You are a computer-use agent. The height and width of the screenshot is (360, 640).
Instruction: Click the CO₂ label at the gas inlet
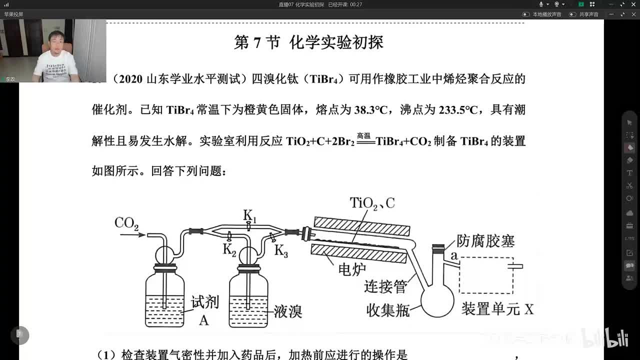point(126,223)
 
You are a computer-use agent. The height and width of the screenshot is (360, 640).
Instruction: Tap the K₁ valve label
point(249,215)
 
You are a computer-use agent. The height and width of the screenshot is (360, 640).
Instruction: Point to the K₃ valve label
point(281,251)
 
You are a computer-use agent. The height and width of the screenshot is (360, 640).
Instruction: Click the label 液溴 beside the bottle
point(287,311)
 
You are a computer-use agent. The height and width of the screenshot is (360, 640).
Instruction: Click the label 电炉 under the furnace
point(352,269)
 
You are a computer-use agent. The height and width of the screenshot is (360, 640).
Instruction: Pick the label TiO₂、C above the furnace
point(372,203)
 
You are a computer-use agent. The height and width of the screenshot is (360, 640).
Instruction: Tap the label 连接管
point(385,286)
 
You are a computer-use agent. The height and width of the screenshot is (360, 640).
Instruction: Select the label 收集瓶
point(388,310)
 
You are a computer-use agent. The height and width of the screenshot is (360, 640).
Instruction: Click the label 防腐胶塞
point(485,241)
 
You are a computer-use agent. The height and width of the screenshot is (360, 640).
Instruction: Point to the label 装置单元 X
point(497,308)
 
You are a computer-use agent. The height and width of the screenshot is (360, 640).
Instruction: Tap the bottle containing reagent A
point(165,300)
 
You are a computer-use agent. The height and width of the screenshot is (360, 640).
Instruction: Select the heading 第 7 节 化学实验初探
point(308,43)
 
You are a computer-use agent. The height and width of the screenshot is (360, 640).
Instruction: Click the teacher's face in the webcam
point(54,42)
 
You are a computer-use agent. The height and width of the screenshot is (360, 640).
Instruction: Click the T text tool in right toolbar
point(629,173)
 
